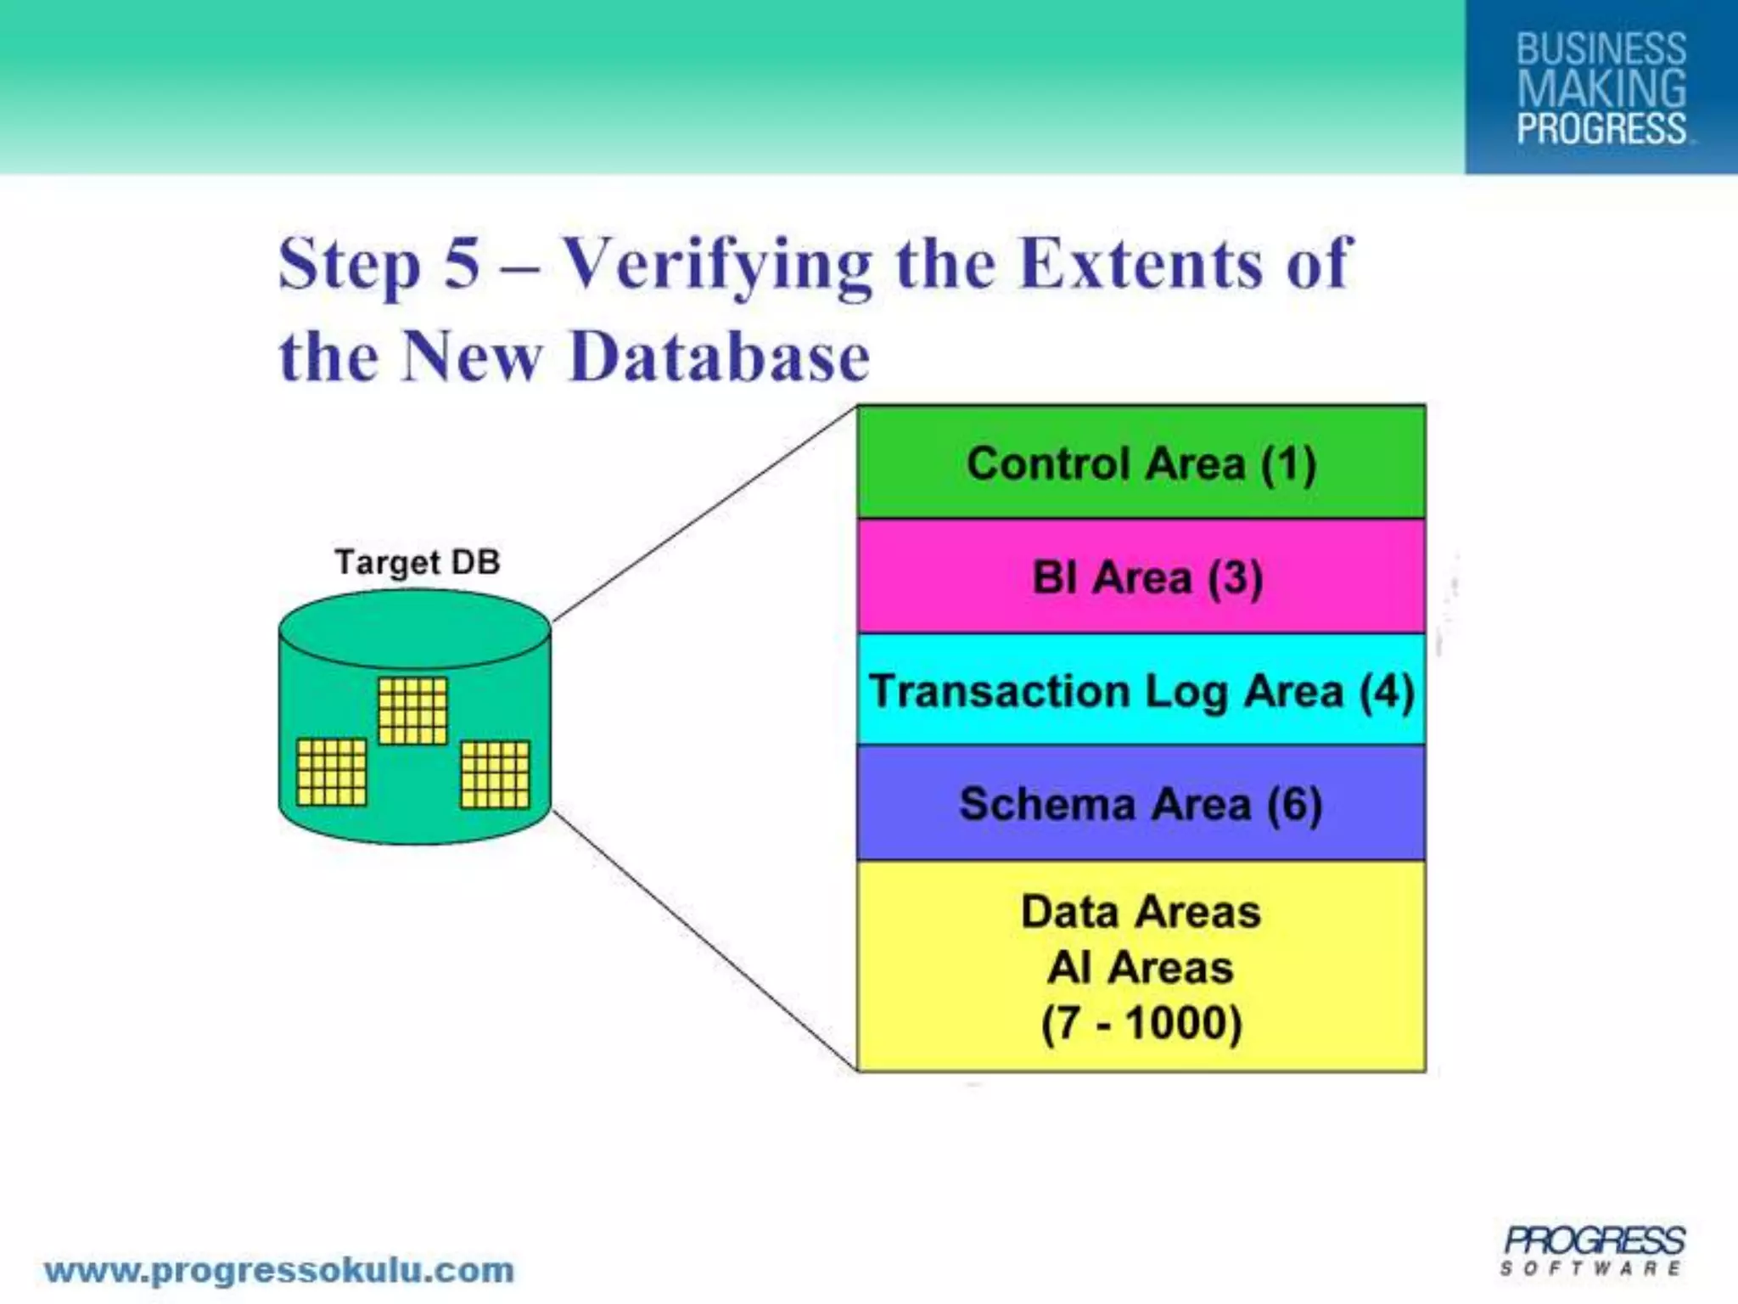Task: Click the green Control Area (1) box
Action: [1141, 463]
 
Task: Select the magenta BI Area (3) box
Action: [1141, 577]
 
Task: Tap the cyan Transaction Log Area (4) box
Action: [1141, 690]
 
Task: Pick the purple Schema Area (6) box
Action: [1141, 804]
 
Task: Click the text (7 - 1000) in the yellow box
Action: [1141, 1022]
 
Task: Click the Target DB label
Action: [418, 562]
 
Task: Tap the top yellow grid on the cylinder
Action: [412, 711]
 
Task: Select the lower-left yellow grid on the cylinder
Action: [332, 772]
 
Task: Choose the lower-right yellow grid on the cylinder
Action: [495, 774]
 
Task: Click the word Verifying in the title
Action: [718, 264]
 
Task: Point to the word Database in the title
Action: [720, 357]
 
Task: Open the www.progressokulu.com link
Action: [279, 1270]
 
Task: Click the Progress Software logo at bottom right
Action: [1593, 1250]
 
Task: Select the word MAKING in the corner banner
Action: [1601, 89]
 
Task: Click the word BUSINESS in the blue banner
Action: [1601, 48]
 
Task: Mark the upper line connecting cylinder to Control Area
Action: [704, 514]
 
